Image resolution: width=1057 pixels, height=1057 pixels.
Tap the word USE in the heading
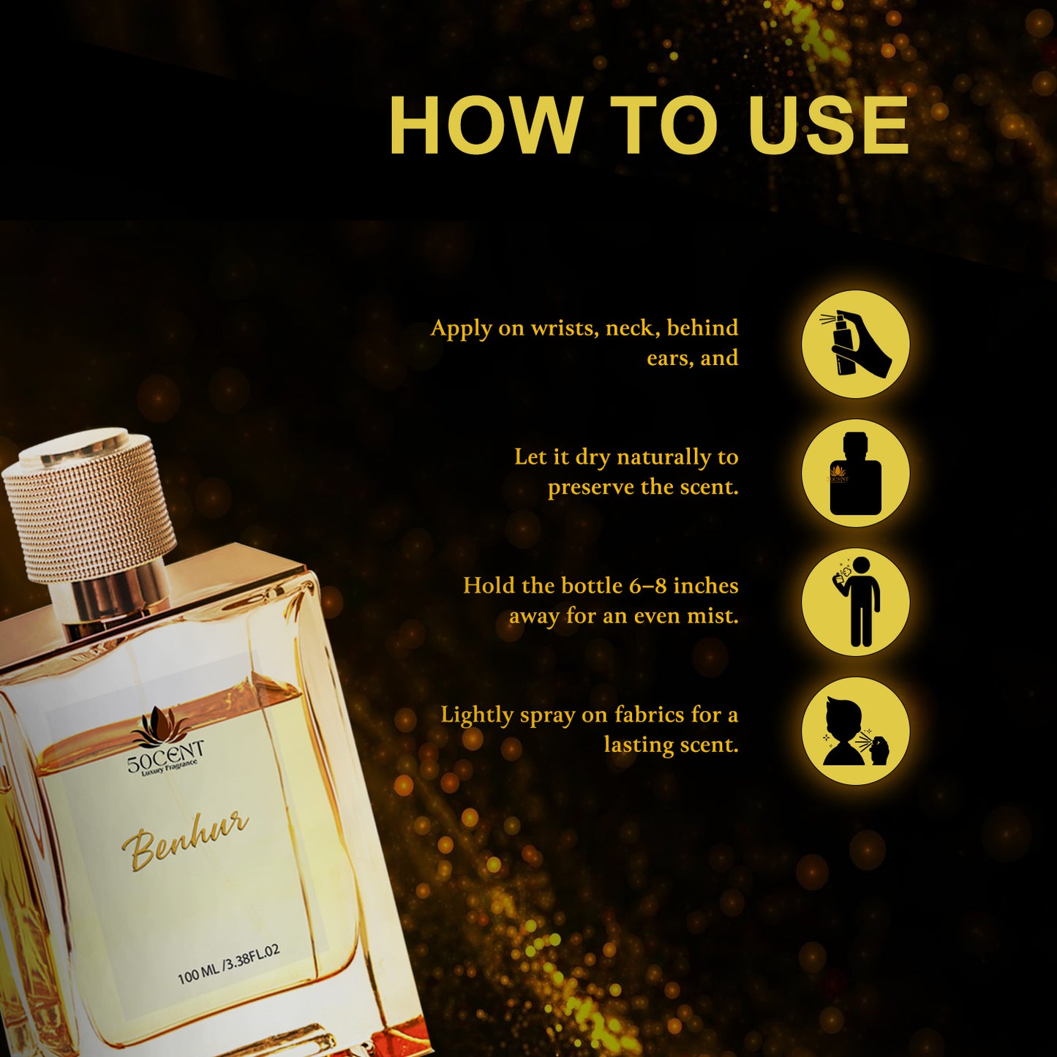click(827, 126)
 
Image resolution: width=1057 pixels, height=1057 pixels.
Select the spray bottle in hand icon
click(855, 344)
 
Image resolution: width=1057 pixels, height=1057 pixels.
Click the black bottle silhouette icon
click(855, 473)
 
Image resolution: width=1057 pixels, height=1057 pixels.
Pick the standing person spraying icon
click(855, 602)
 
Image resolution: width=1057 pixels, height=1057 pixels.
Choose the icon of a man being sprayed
click(855, 731)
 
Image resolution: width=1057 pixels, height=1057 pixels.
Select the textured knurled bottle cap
click(89, 505)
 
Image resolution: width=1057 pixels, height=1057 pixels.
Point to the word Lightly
click(477, 715)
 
